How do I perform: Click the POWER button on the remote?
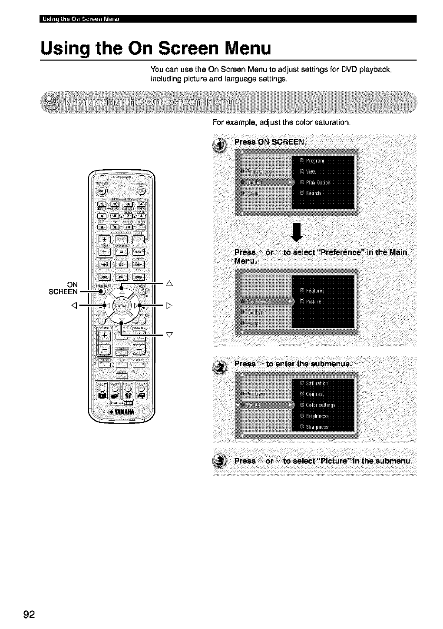click(101, 190)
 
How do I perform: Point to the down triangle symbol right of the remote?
click(170, 335)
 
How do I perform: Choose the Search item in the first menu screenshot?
click(313, 194)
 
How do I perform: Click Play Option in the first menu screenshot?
click(318, 182)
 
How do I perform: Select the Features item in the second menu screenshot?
click(314, 291)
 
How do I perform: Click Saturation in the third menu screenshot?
click(317, 383)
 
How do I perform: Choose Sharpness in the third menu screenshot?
click(317, 427)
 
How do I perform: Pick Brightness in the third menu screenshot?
click(317, 416)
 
